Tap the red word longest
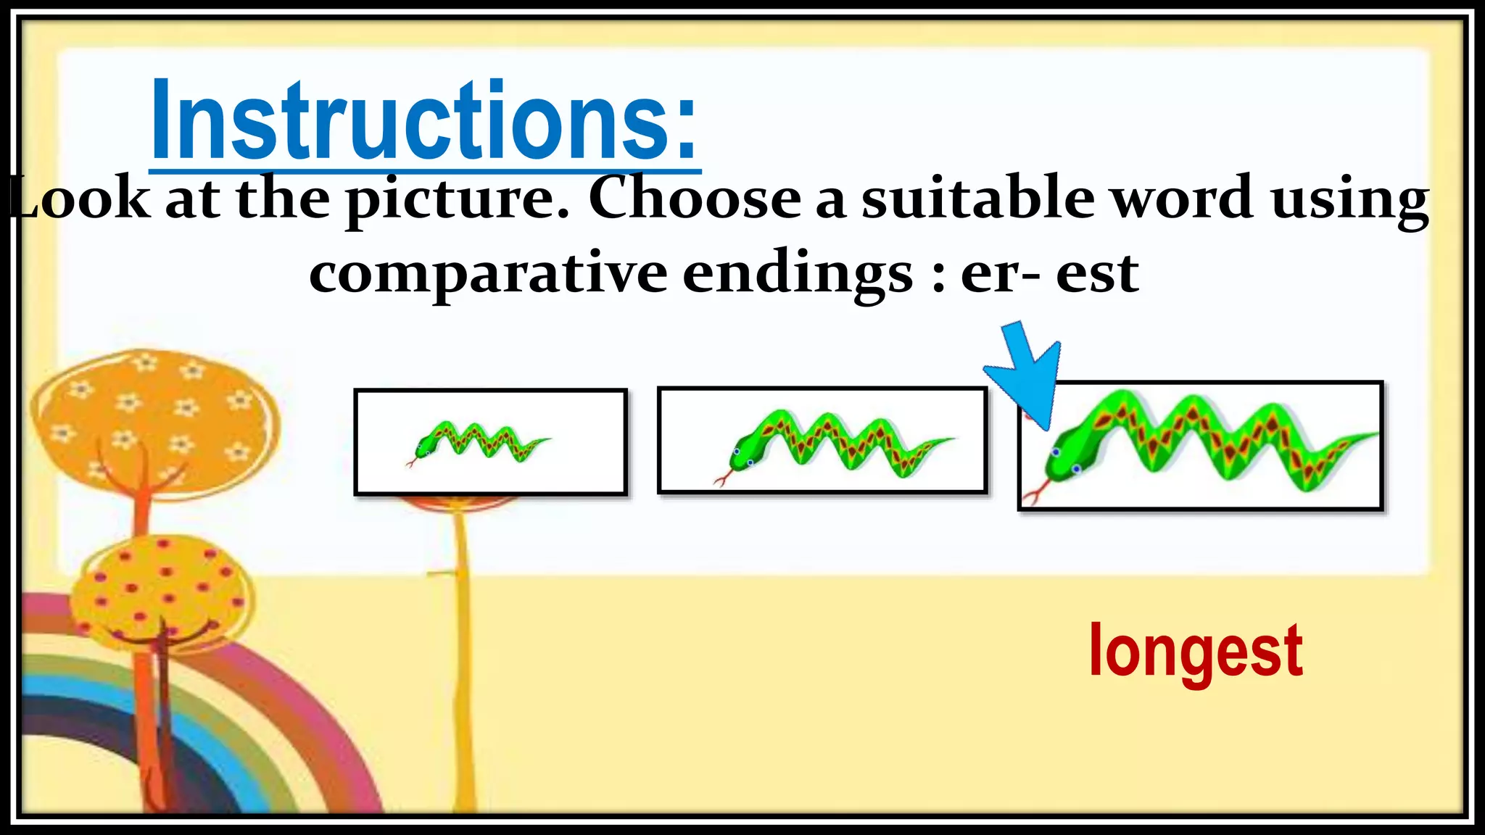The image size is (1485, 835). pos(1196,652)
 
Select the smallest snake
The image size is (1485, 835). pos(479,440)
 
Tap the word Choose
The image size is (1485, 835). pos(694,199)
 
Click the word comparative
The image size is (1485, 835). pos(487,274)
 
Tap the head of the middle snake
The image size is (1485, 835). pos(747,452)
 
